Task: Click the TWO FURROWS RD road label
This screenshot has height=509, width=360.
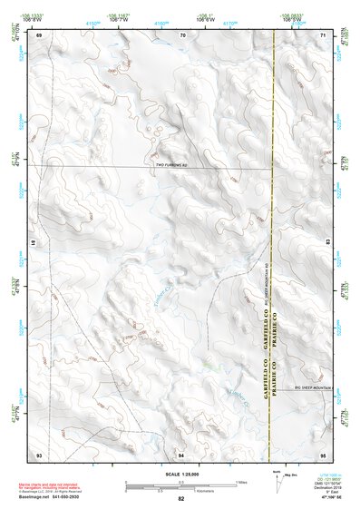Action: point(170,165)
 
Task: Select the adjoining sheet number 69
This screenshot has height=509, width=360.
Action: point(39,34)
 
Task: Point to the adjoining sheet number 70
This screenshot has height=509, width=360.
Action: point(182,34)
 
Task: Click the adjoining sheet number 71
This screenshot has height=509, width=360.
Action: point(323,34)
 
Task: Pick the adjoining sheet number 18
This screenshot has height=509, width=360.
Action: point(33,244)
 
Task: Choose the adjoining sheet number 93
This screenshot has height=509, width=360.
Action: point(39,453)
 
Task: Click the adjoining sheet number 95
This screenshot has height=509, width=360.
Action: point(323,453)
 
